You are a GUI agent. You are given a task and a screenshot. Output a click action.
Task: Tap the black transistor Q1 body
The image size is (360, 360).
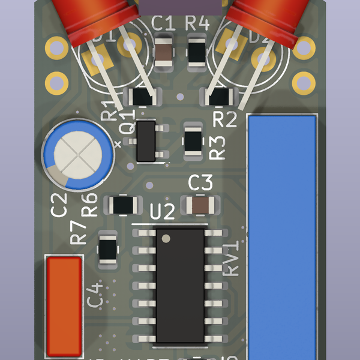click(x=146, y=140)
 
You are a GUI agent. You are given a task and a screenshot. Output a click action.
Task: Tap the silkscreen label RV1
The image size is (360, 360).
click(x=231, y=258)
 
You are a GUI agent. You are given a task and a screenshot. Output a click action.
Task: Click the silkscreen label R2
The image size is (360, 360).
click(x=226, y=119)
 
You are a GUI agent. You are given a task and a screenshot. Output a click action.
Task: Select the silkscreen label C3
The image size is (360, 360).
click(x=200, y=182)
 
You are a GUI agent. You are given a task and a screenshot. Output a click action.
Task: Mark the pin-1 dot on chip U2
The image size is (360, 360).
click(x=166, y=238)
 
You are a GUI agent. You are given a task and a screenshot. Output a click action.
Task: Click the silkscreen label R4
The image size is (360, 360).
click(x=197, y=24)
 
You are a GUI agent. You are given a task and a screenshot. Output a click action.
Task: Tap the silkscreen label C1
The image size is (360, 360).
click(x=163, y=24)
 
